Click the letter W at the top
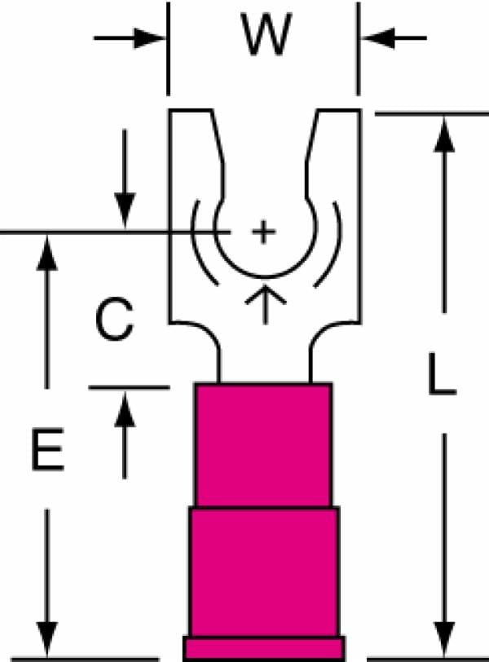(267, 34)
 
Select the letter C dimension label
(114, 320)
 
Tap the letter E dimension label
(47, 449)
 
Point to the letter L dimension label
(442, 374)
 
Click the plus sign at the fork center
(264, 232)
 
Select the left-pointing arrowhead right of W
(377, 38)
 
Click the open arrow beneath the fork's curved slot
(266, 304)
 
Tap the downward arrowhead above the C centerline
(125, 210)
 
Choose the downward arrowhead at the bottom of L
(444, 639)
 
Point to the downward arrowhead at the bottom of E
(46, 639)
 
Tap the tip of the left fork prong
(190, 111)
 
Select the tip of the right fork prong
(339, 111)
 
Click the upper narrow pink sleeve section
(263, 445)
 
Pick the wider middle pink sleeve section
(264, 572)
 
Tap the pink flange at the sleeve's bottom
(264, 648)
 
